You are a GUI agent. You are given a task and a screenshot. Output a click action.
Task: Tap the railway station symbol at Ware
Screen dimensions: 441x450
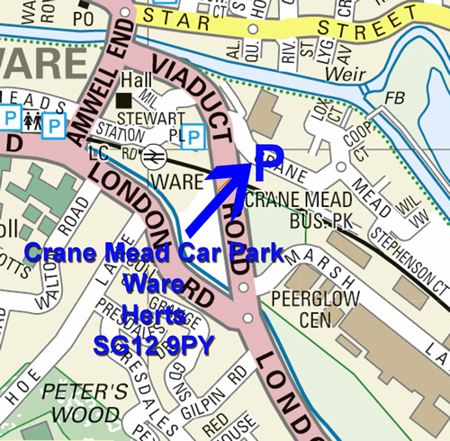[154, 157]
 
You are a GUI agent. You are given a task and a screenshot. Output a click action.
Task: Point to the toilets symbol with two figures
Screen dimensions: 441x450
[32, 116]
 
